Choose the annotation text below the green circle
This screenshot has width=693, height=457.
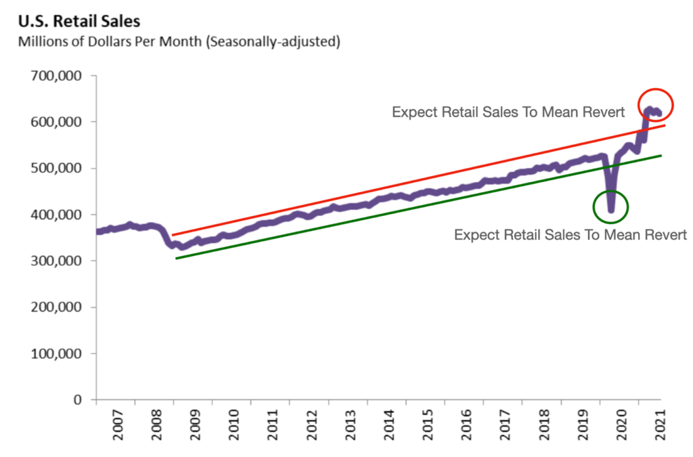pyautogui.click(x=571, y=235)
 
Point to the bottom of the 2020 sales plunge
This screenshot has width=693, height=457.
pyautogui.click(x=611, y=211)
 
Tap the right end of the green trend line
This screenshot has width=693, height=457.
pyautogui.click(x=661, y=156)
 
